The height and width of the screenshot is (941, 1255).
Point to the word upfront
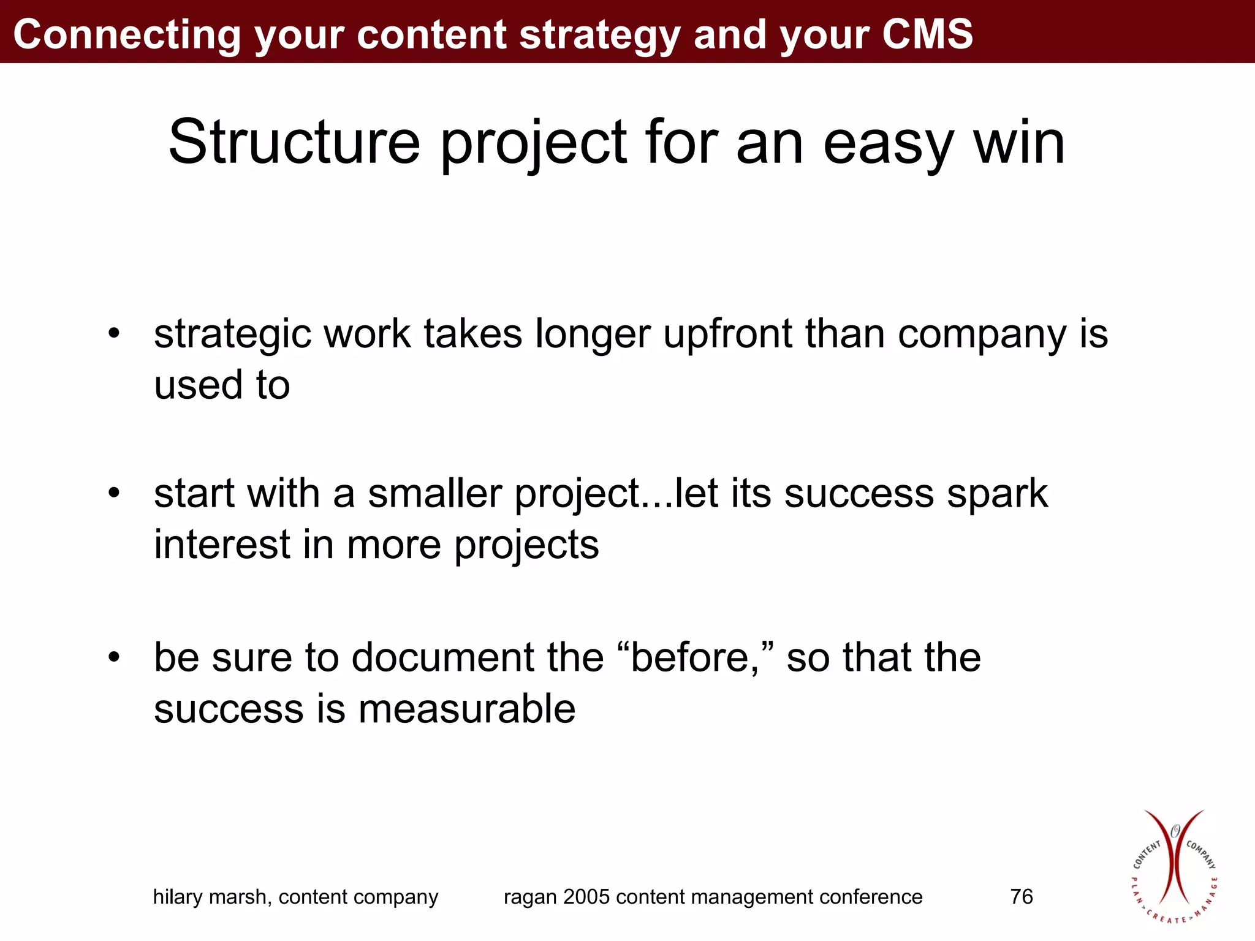click(x=728, y=334)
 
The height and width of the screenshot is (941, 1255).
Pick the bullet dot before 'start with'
click(x=114, y=493)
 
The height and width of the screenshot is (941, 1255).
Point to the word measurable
click(x=467, y=709)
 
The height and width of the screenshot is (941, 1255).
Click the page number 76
click(x=1022, y=897)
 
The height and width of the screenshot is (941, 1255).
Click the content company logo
click(x=1173, y=867)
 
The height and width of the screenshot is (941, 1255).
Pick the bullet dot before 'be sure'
click(x=114, y=657)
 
